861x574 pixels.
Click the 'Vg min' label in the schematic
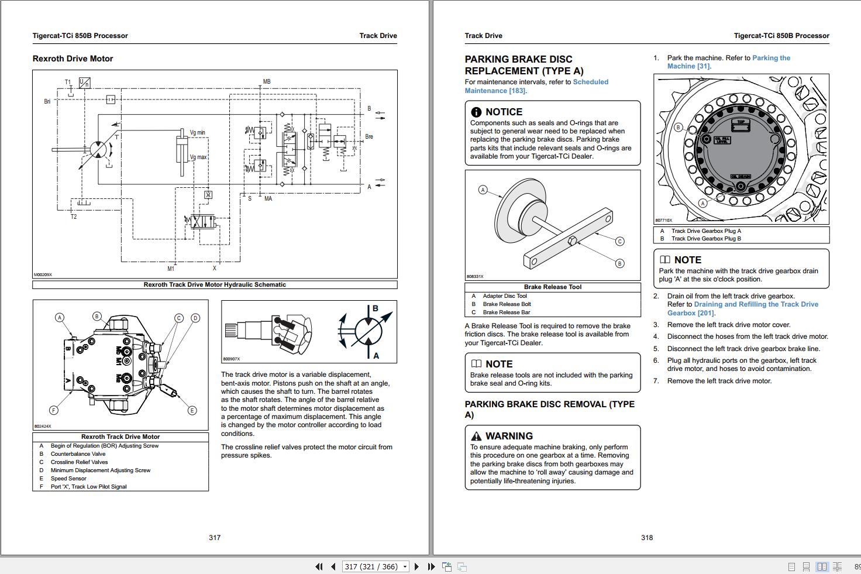point(197,133)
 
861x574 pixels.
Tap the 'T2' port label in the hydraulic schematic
point(74,216)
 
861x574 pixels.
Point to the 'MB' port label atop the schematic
point(267,82)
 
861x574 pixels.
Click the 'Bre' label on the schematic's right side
point(369,137)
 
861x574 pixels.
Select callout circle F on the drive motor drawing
point(54,410)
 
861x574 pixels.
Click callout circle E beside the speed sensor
point(192,410)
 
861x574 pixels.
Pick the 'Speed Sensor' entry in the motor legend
point(68,479)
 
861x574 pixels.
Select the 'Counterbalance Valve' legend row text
point(78,454)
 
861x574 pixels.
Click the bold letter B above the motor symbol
point(375,308)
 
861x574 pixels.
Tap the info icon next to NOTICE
point(476,112)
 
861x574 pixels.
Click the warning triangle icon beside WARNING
point(476,436)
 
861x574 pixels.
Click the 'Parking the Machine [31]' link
point(729,62)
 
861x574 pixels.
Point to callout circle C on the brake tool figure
point(619,241)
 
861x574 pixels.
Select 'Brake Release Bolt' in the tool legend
point(507,304)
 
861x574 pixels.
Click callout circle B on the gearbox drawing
point(679,127)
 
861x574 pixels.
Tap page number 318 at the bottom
point(646,537)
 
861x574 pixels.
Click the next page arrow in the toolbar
point(416,566)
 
